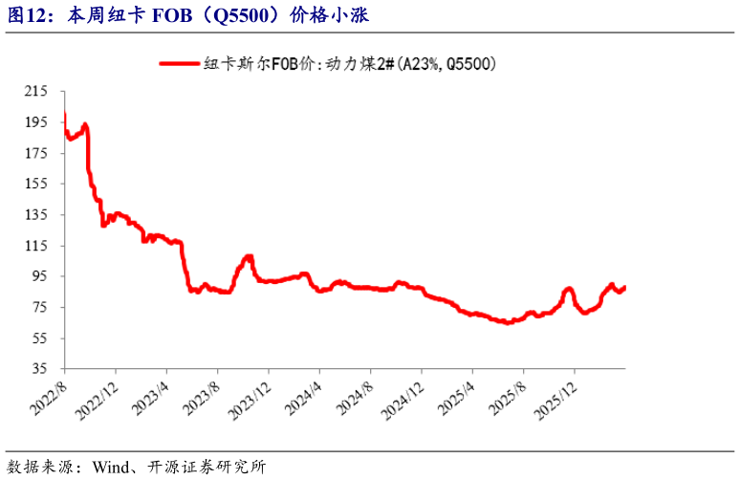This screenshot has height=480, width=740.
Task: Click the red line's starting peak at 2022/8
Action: click(64, 116)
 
